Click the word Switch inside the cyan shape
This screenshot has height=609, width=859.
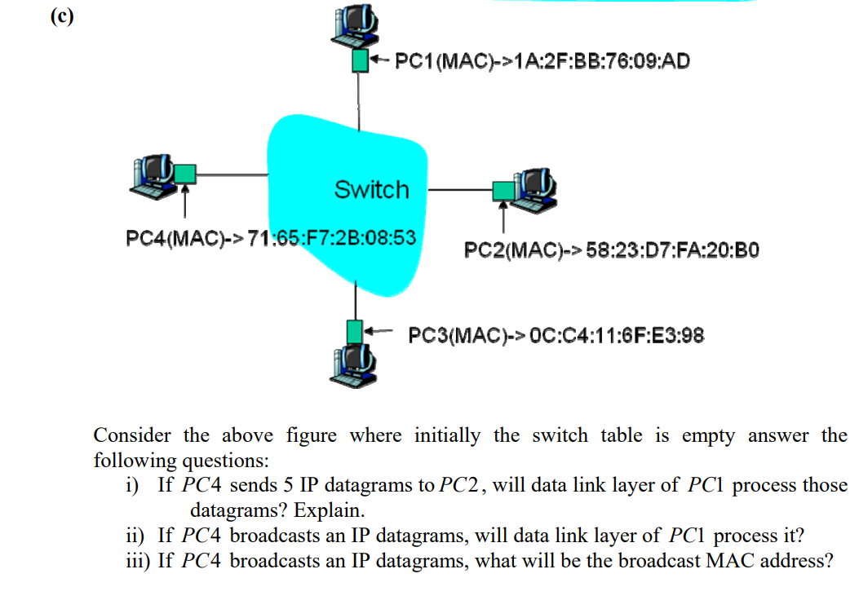click(x=371, y=190)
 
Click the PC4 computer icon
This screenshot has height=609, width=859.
click(x=154, y=174)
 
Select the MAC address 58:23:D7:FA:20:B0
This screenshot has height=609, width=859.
click(x=673, y=249)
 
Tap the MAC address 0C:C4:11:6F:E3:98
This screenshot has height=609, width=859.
click(x=617, y=335)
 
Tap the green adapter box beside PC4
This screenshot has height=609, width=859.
click(x=186, y=173)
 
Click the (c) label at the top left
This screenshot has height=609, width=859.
click(x=60, y=18)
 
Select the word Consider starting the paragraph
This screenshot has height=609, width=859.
click(x=129, y=435)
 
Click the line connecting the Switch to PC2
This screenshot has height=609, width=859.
click(x=460, y=192)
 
